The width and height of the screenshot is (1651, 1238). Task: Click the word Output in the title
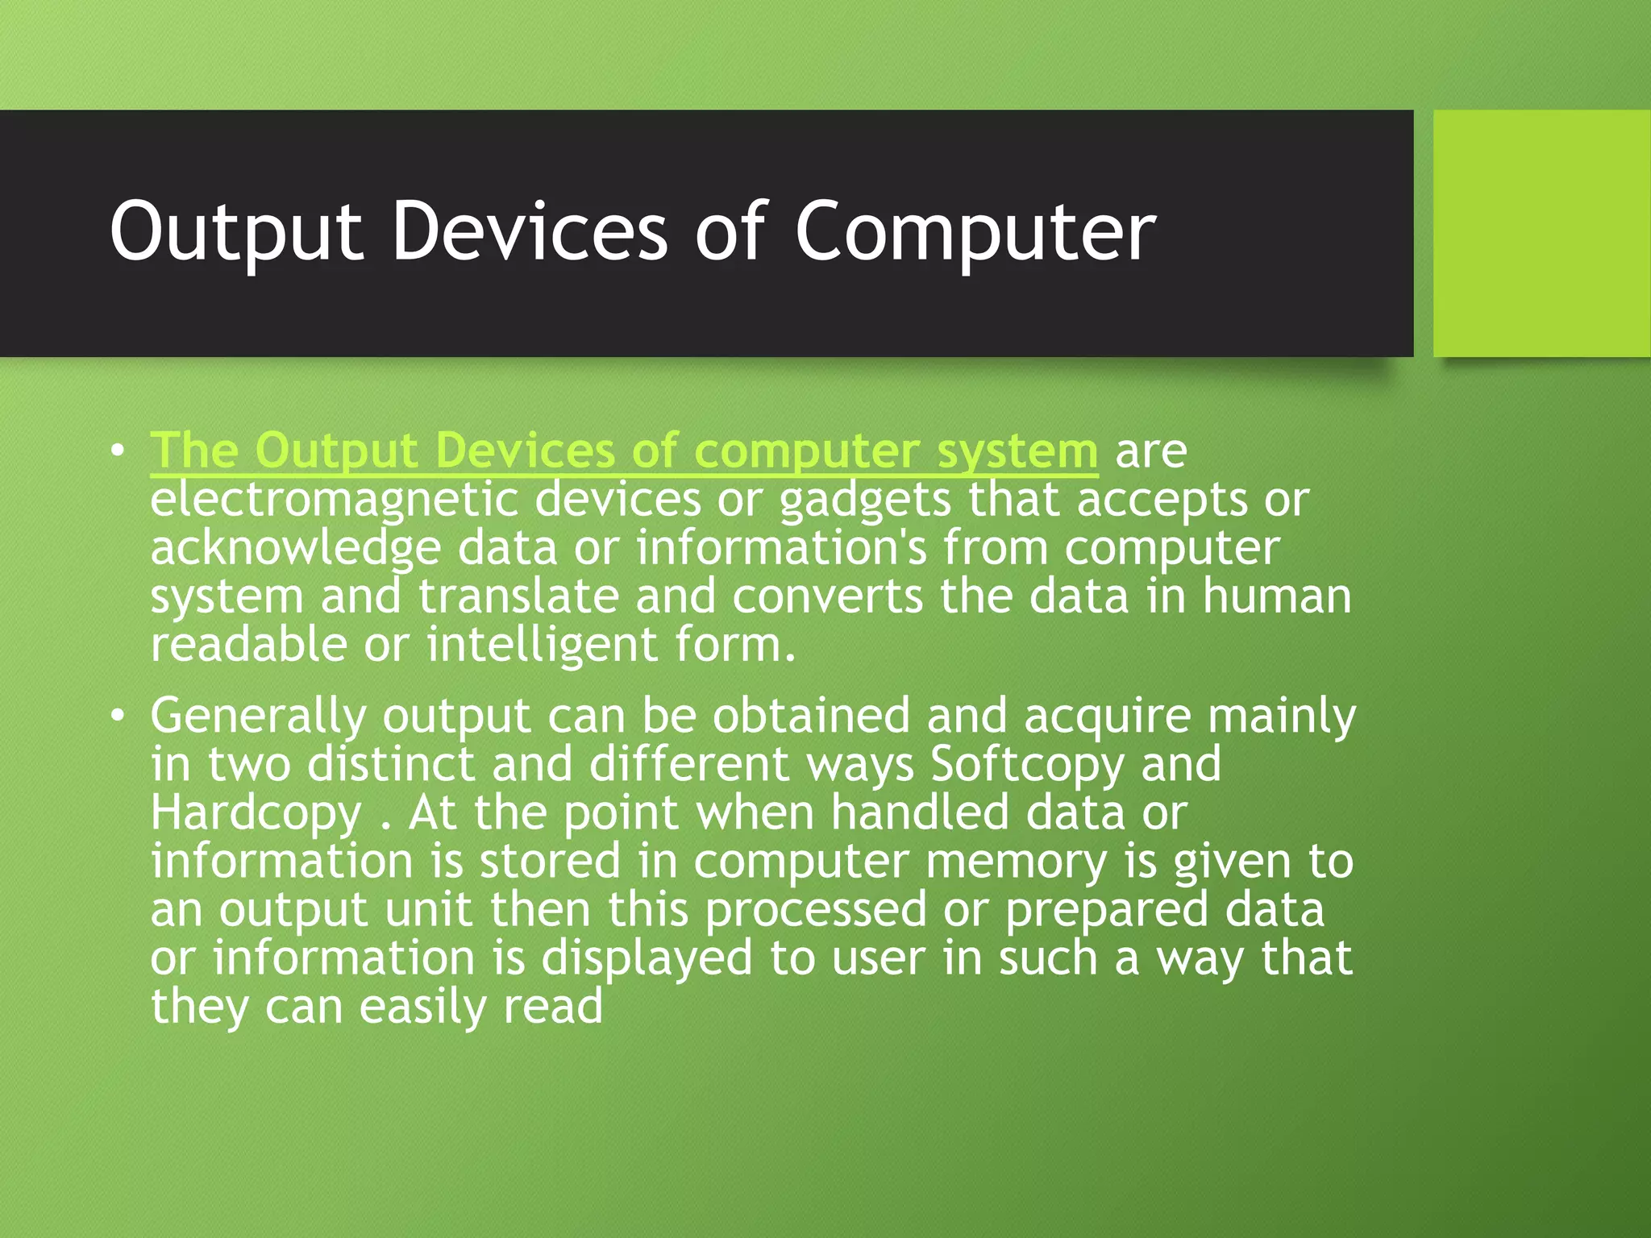click(x=236, y=232)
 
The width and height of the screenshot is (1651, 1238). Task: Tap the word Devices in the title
click(x=530, y=232)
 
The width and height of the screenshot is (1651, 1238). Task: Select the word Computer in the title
click(x=975, y=232)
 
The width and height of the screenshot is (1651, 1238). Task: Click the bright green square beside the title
click(x=1541, y=233)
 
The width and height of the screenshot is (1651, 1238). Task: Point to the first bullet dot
click(x=119, y=451)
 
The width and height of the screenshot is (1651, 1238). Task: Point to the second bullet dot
click(x=119, y=716)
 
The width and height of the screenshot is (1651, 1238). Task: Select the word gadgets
click(x=865, y=500)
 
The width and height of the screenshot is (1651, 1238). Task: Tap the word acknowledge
click(x=295, y=548)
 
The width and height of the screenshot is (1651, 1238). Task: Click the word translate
click(x=518, y=596)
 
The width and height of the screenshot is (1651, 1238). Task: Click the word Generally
click(x=257, y=716)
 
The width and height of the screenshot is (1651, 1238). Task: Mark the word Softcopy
click(x=1026, y=764)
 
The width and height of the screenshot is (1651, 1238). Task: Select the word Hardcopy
click(x=256, y=812)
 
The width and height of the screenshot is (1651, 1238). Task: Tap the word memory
click(x=1016, y=861)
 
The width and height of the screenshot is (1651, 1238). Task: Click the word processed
click(x=816, y=909)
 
